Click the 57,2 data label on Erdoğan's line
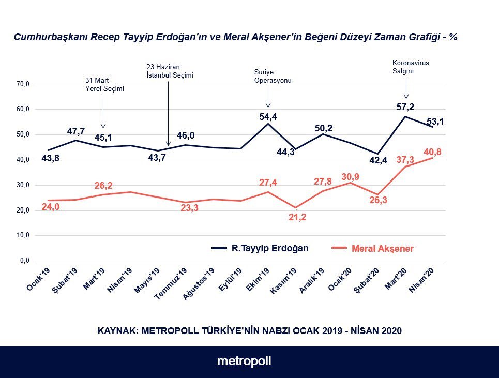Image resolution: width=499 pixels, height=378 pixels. tap(405, 107)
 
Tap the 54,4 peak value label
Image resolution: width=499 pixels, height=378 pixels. tap(268, 117)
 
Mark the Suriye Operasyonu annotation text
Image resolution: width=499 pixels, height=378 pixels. tap(273, 76)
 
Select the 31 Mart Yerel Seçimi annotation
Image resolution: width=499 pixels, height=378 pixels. tap(104, 84)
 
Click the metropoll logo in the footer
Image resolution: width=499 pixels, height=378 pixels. tap(244, 361)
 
